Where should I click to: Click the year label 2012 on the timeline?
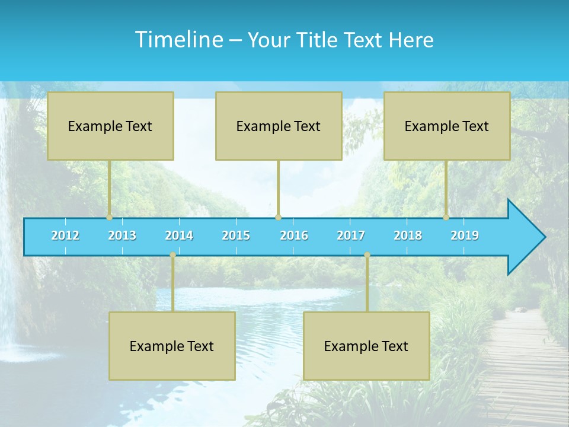(x=65, y=235)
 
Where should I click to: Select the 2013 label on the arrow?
(x=122, y=235)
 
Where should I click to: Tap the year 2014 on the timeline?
(x=179, y=235)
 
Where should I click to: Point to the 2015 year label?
(x=236, y=235)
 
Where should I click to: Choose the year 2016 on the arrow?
(x=294, y=235)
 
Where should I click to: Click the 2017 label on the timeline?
(x=351, y=235)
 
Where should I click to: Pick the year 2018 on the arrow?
(x=408, y=235)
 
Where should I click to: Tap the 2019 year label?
(x=465, y=235)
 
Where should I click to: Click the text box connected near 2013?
(x=110, y=126)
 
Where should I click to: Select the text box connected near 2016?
(x=279, y=126)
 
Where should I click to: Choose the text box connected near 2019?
(x=447, y=126)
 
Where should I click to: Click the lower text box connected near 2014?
(x=172, y=346)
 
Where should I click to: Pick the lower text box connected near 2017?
(x=366, y=346)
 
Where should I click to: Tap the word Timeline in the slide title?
(x=178, y=40)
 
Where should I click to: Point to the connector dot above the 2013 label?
(x=110, y=218)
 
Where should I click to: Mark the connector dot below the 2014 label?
(x=172, y=255)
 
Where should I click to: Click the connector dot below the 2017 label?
(x=367, y=255)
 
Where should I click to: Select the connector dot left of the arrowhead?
(x=446, y=218)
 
